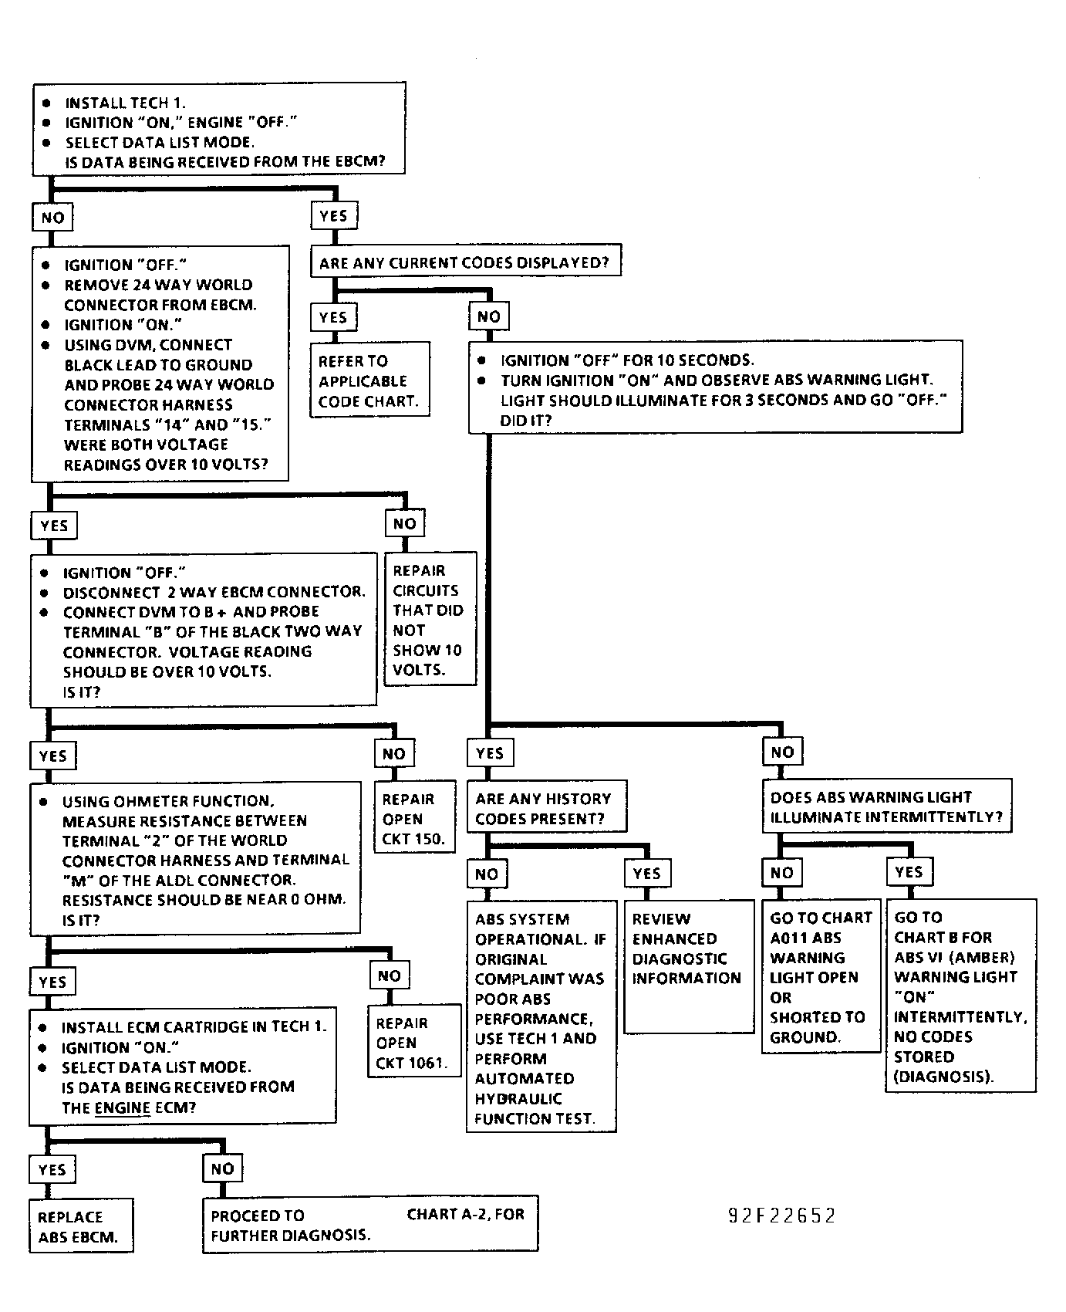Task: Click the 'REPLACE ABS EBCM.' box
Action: coord(81,1225)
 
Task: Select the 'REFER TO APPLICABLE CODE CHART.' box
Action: coord(369,380)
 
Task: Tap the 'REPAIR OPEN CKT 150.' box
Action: coord(414,818)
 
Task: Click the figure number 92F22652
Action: coord(781,1216)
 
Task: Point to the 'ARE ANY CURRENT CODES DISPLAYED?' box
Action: coord(466,262)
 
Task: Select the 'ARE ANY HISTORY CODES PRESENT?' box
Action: coord(547,807)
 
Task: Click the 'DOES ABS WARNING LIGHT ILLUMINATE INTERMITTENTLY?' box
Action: coord(887,806)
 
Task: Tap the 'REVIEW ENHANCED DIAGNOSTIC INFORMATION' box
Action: coord(689,966)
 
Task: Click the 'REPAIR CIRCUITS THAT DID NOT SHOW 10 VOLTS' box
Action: coord(430,619)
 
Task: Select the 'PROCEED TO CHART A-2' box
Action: coord(370,1224)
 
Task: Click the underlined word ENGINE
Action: coord(123,1108)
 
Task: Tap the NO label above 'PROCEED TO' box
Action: coord(222,1168)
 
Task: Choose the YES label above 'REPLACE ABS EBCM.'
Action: coord(52,1169)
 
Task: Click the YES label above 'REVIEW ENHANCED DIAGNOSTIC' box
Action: coord(647,873)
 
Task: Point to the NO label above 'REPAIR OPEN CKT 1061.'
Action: coord(390,976)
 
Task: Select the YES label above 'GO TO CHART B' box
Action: coord(909,871)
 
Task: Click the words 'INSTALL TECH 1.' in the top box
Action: coord(125,103)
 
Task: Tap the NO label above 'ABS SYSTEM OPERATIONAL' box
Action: coord(487,874)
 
